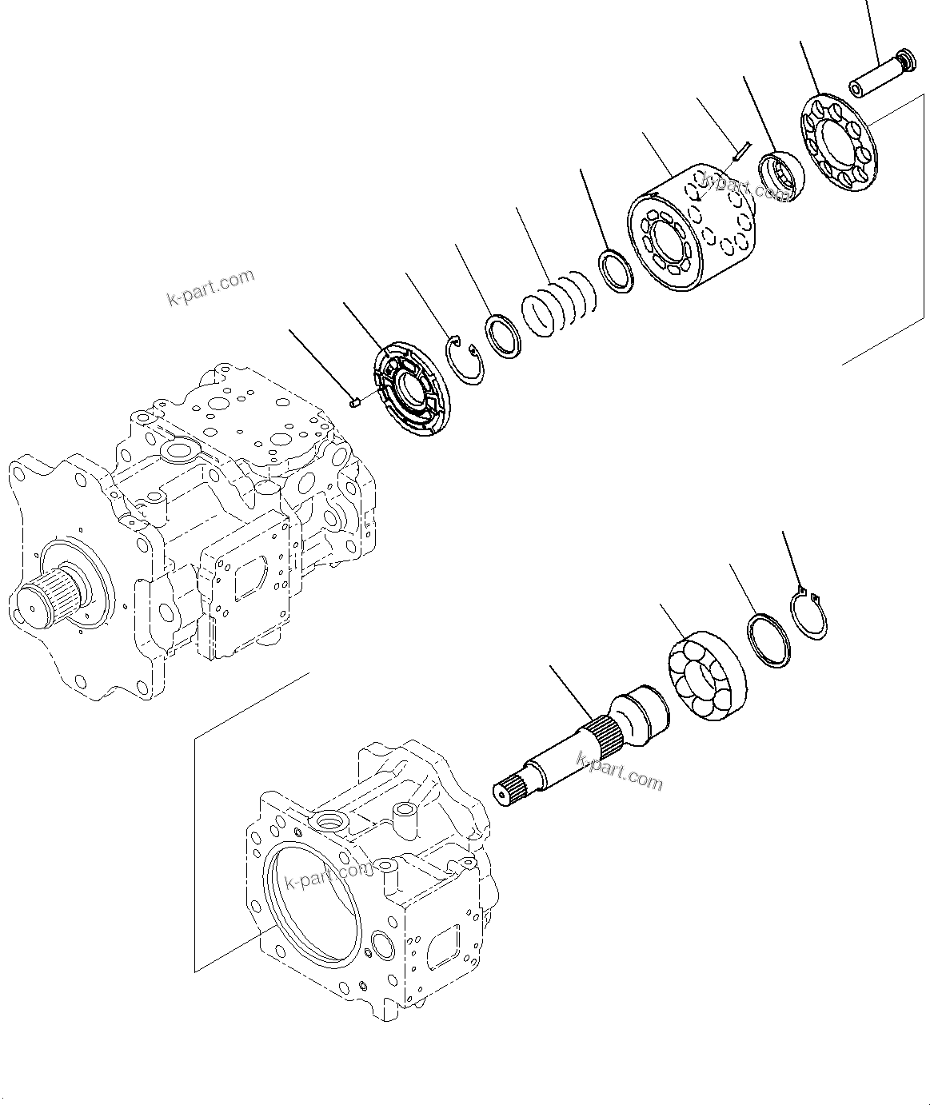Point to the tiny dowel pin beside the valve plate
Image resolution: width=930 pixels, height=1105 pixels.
(357, 403)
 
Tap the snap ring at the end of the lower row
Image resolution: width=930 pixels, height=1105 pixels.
(808, 613)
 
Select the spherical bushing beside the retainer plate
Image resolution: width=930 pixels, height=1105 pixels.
(780, 177)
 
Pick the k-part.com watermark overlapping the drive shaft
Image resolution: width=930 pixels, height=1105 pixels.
(620, 772)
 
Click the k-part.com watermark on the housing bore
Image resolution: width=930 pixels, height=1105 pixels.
(328, 876)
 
